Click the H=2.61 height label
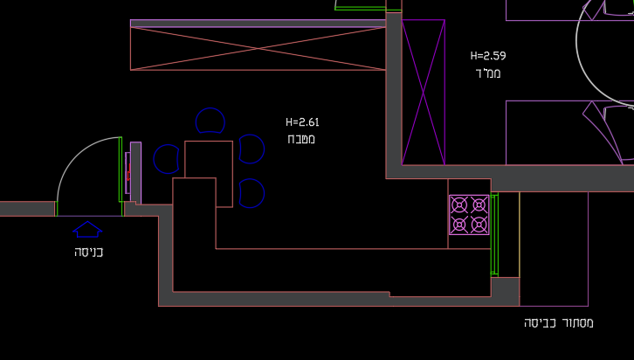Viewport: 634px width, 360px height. point(302,121)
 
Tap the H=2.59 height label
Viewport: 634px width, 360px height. point(488,55)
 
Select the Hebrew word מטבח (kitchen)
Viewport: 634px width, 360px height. point(301,139)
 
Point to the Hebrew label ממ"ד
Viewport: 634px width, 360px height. point(488,73)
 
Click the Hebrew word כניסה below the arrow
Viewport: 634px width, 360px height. point(88,252)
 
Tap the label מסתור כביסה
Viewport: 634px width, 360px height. point(559,322)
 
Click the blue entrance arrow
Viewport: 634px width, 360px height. point(87,229)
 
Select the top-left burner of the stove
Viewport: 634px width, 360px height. point(459,205)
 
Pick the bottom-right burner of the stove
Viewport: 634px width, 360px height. point(479,225)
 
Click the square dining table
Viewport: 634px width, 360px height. point(209,159)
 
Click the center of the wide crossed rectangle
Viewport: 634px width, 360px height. point(258,49)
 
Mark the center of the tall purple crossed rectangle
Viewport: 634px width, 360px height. point(424,93)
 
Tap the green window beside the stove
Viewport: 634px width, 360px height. point(494,234)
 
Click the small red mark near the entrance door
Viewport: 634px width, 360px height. point(128,176)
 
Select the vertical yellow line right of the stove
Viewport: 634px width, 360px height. point(520,234)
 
